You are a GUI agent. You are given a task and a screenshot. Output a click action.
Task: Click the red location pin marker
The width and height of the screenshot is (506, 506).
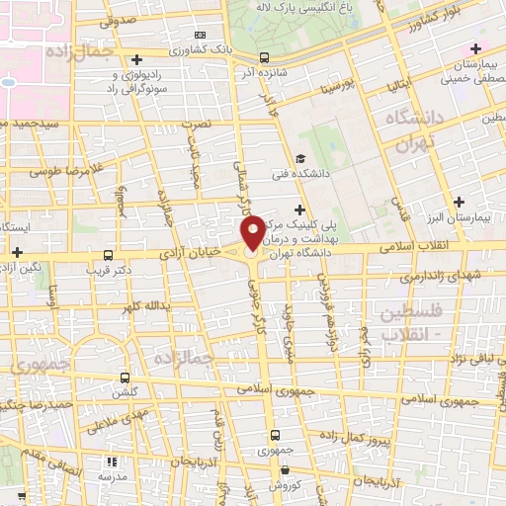click(x=253, y=233)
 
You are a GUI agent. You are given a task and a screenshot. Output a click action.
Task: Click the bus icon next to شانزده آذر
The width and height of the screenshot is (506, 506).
click(x=262, y=58)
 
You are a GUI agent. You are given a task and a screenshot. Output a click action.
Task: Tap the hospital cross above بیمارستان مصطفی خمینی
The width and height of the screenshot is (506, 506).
click(x=476, y=48)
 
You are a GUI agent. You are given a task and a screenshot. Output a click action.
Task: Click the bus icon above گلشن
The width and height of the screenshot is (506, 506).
click(x=125, y=377)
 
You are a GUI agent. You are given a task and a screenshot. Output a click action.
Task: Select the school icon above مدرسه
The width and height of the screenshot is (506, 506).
click(x=110, y=462)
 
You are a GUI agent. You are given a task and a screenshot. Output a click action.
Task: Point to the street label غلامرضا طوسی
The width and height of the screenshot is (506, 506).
click(x=42, y=172)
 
